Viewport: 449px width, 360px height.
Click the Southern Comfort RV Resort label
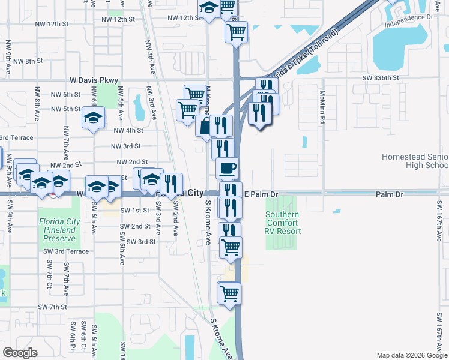[x=283, y=223]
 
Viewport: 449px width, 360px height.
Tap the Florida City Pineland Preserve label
[x=59, y=230]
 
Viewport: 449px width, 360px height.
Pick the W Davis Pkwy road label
[x=94, y=80]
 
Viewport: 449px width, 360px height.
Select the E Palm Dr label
[x=262, y=194]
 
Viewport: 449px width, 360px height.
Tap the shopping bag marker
[x=205, y=126]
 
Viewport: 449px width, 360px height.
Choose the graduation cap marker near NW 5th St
[x=94, y=118]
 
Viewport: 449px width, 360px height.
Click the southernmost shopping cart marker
[x=229, y=294]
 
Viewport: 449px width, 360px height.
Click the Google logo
[x=20, y=353]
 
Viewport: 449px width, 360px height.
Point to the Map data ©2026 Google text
[x=411, y=355]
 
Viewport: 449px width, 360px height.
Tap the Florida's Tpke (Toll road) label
[x=304, y=53]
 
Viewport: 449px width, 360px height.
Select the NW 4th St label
[x=128, y=130]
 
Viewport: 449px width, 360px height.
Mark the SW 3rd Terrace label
[x=71, y=251]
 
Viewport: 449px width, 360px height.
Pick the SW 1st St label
[x=134, y=211]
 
